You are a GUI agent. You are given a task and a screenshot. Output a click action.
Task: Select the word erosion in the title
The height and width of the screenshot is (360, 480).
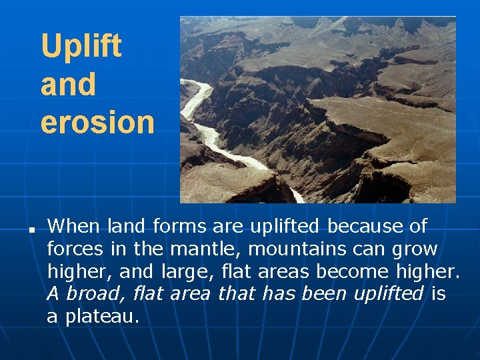pos(97,122)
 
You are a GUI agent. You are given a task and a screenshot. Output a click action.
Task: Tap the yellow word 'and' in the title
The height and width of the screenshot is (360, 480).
pos(68,85)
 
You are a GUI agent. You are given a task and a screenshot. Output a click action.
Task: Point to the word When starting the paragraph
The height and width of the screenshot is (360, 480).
pos(74,227)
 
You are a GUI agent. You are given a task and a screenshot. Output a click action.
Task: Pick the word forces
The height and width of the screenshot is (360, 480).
pos(74,249)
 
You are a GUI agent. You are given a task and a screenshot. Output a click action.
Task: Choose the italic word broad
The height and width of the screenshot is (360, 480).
pos(97,294)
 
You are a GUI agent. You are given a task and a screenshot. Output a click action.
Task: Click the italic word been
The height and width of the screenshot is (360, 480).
pos(326,294)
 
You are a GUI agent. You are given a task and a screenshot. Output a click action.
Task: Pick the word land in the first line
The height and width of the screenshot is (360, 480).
pos(126,227)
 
